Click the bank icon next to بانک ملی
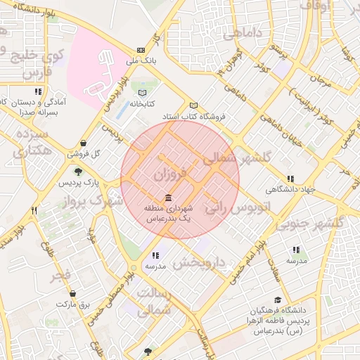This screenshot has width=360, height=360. coord(141,50)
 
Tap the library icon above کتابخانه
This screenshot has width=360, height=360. coord(143,92)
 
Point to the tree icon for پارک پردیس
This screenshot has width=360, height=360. coord(78,172)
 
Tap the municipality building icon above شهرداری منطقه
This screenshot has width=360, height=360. coord(167,198)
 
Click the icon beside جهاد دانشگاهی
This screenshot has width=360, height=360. coord(290,179)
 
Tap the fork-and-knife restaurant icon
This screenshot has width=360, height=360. coord(33,210)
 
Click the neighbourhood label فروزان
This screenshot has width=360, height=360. coord(169,174)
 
